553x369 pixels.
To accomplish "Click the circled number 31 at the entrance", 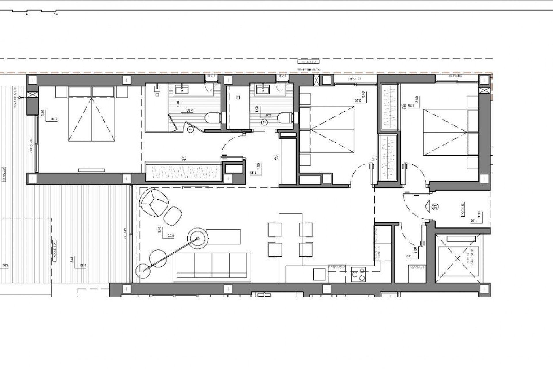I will [x=435, y=206].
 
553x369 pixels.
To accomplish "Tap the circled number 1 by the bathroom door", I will [x=190, y=130].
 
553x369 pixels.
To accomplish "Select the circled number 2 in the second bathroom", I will [x=265, y=122].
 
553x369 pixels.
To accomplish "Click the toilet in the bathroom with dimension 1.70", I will [x=212, y=118].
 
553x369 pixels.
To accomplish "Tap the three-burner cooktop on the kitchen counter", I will [x=358, y=274].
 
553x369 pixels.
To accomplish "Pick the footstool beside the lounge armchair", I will [x=173, y=215].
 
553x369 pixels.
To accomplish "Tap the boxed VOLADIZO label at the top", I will [x=308, y=62].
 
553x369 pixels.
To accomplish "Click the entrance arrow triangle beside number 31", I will [x=427, y=206].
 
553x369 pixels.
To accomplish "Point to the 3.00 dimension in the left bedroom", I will [x=43, y=112].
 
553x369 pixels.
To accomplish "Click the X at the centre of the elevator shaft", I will [x=457, y=259].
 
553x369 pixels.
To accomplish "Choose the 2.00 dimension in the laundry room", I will [x=415, y=249].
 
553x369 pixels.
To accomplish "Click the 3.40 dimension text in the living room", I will [x=160, y=230].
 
